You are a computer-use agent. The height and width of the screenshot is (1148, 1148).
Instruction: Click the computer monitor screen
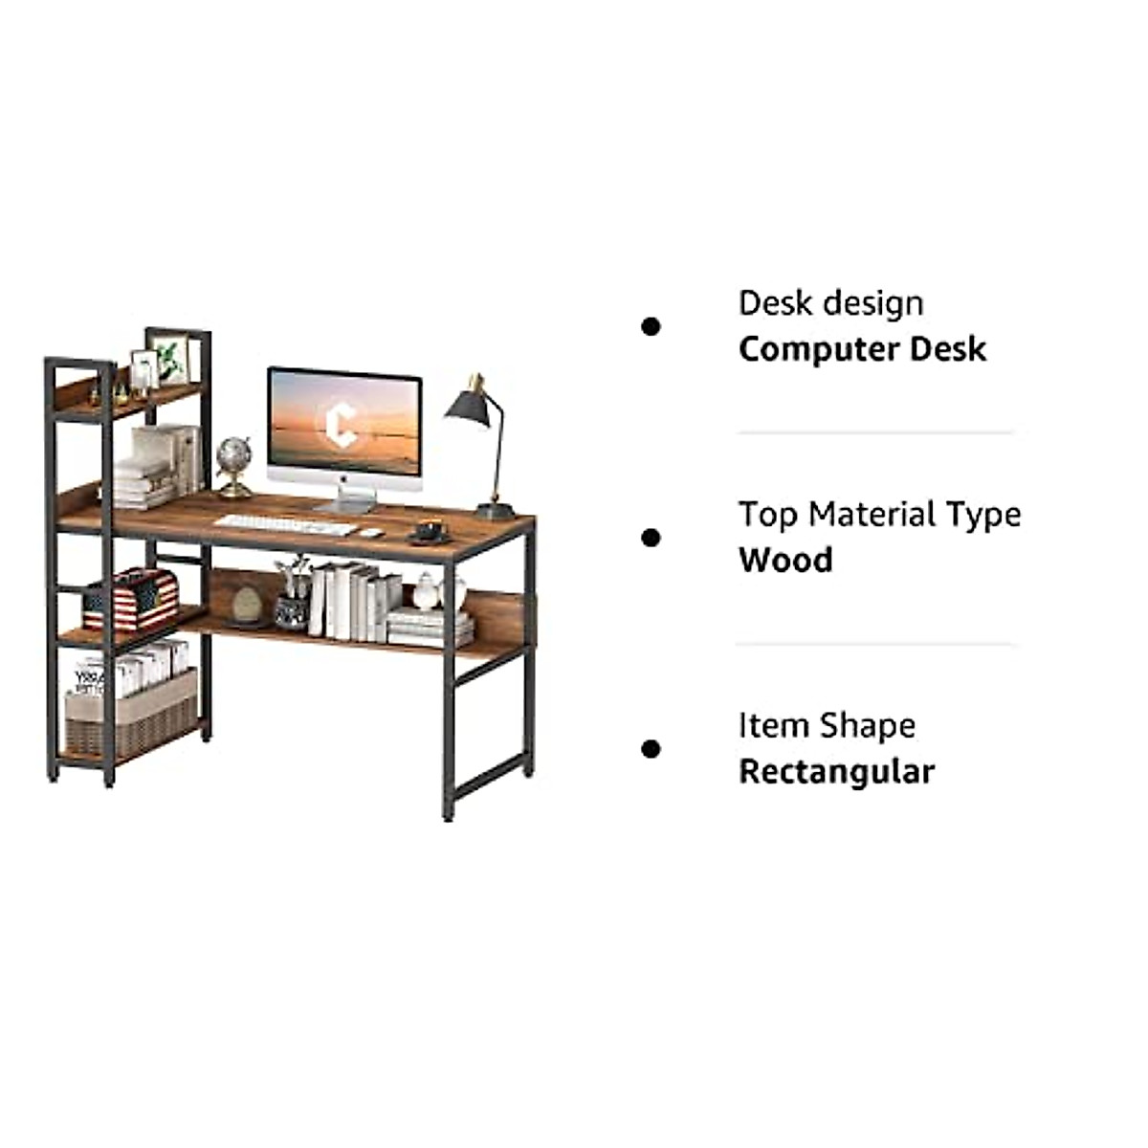[344, 421]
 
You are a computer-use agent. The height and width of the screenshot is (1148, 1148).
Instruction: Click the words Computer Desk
[862, 349]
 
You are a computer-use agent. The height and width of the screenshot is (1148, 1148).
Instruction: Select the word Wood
[785, 561]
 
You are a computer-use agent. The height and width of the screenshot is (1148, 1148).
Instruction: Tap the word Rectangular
[836, 772]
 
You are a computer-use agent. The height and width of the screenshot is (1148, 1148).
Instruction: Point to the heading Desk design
[830, 303]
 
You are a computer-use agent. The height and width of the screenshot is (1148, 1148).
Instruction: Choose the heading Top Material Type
[879, 515]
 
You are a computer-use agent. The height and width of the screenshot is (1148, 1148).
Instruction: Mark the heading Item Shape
[827, 726]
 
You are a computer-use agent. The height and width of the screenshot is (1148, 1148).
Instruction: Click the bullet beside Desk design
[651, 327]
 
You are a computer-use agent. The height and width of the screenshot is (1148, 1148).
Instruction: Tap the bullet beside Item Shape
[651, 749]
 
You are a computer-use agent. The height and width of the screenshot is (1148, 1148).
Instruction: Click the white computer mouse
[370, 532]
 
